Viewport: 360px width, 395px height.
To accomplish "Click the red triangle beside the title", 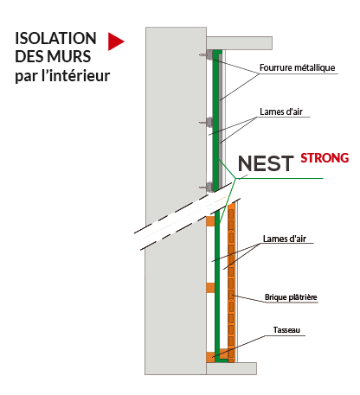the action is click(115, 41).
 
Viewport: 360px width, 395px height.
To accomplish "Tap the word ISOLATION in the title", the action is click(55, 38).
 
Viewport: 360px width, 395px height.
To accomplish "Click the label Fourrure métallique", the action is click(298, 67).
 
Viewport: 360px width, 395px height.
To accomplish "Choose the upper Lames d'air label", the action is click(281, 111).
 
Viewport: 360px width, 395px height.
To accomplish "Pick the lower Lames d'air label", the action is click(285, 239).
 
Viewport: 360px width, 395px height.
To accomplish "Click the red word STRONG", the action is click(325, 158).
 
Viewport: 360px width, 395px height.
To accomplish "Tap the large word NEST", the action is click(266, 163).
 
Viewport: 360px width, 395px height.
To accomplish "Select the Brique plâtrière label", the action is click(291, 297).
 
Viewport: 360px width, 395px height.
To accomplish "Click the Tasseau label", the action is click(286, 330).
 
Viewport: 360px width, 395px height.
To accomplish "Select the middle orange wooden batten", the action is click(210, 288).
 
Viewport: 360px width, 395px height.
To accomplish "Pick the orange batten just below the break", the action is click(210, 221).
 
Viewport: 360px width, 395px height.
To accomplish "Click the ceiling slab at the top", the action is click(239, 43).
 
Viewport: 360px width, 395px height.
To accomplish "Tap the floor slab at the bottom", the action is click(231, 368).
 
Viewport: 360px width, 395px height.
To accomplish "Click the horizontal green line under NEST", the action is click(280, 178).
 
